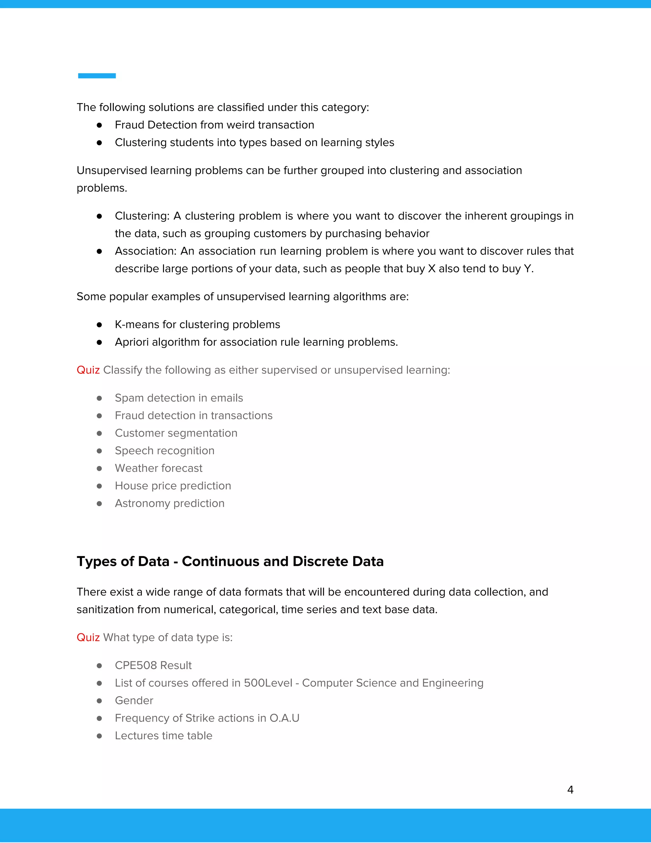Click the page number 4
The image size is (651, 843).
coord(570,790)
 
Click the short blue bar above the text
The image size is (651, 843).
coord(97,76)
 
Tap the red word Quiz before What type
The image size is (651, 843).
coord(88,637)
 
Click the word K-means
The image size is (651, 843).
coord(137,324)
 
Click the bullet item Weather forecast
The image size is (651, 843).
coord(159,468)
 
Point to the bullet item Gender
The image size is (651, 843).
coord(134,700)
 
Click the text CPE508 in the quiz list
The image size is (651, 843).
coord(136,665)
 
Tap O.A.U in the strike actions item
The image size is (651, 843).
coord(284,718)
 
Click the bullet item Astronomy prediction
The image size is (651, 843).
coord(169,503)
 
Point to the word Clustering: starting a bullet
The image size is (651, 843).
coord(142,216)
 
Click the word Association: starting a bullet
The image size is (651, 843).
coord(145,251)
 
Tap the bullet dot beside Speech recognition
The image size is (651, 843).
coord(99,451)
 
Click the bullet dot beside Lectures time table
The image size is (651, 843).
coord(99,736)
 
